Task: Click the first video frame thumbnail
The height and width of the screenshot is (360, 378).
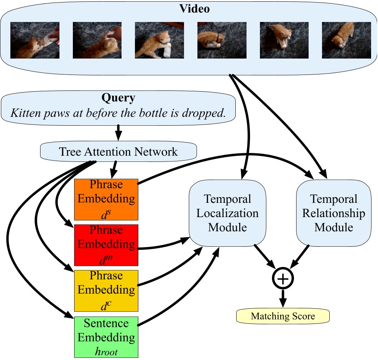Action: tap(35, 40)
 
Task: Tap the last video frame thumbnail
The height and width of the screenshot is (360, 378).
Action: tap(346, 40)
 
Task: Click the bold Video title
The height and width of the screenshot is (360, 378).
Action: tap(188, 9)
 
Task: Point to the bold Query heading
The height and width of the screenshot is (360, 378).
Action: tap(118, 98)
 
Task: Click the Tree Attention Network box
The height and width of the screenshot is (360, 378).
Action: tap(118, 151)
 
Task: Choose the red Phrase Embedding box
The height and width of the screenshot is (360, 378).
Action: tap(106, 245)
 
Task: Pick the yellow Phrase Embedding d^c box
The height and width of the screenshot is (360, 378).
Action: tap(106, 290)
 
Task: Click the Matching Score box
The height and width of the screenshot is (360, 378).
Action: tap(283, 317)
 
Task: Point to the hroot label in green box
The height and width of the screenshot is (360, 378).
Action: tap(106, 351)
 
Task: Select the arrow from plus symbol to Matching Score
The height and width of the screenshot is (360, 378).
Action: tap(283, 298)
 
